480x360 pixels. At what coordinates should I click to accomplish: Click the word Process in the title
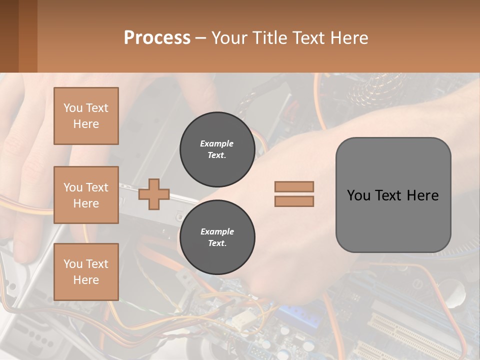(157, 38)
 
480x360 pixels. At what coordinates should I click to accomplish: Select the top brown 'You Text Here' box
(86, 116)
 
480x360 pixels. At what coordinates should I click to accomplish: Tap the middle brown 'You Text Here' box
(86, 195)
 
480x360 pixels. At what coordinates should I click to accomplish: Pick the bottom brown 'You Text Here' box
(86, 271)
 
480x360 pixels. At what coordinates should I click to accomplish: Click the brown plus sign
(154, 193)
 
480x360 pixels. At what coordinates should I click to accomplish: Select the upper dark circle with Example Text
(217, 149)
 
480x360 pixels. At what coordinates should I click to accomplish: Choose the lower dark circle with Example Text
(217, 237)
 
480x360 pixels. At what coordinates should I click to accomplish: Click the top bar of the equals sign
(294, 186)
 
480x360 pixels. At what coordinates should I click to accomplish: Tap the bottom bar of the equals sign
(294, 201)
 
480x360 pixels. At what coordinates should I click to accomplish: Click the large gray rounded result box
(393, 220)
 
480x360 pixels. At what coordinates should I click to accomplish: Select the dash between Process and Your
(201, 38)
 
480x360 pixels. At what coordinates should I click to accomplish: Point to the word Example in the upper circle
(217, 143)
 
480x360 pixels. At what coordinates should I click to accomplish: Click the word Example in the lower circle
(217, 231)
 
